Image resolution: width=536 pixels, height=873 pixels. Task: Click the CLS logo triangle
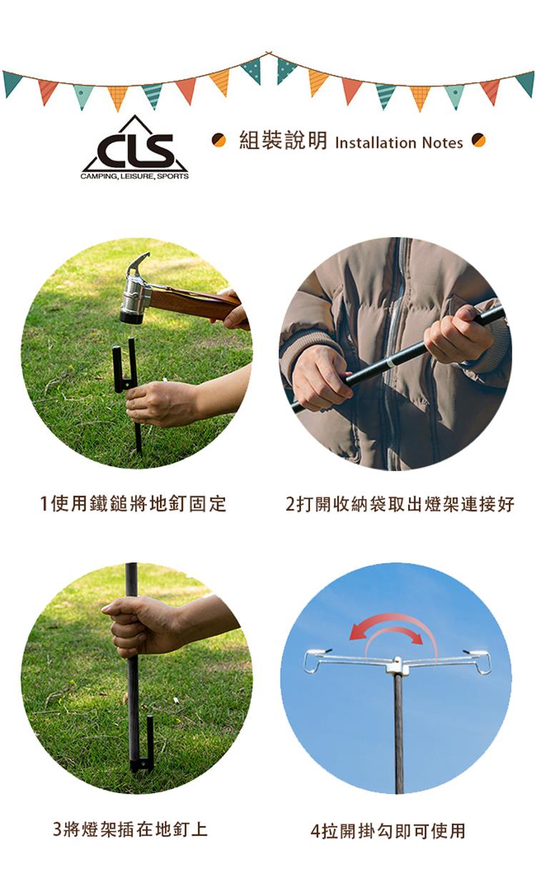[134, 147]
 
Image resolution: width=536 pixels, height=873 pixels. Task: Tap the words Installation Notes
[399, 143]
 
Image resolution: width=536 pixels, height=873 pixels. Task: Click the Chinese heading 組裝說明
[283, 141]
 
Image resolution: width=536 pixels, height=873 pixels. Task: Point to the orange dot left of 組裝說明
[219, 140]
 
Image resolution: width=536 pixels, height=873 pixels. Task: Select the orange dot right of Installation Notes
[478, 140]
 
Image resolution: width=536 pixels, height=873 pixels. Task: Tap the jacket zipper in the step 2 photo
[393, 350]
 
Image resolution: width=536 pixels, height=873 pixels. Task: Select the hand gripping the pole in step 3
[141, 625]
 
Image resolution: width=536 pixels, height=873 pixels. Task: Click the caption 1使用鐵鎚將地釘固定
[133, 503]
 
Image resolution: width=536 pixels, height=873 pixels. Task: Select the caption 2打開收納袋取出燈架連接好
[399, 504]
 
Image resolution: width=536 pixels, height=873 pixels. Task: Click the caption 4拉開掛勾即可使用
[389, 829]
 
